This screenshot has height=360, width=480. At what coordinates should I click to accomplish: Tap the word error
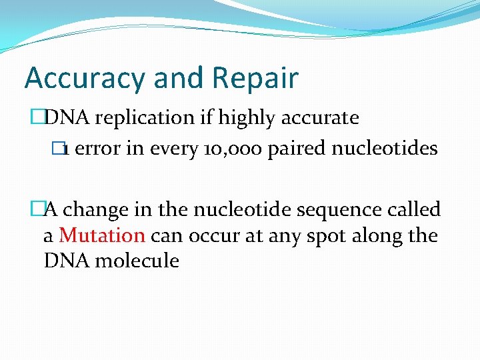point(98,148)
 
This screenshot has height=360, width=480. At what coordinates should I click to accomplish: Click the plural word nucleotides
point(386,148)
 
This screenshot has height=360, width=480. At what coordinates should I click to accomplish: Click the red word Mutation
point(102,235)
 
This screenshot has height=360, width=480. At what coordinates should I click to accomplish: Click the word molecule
point(137,261)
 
